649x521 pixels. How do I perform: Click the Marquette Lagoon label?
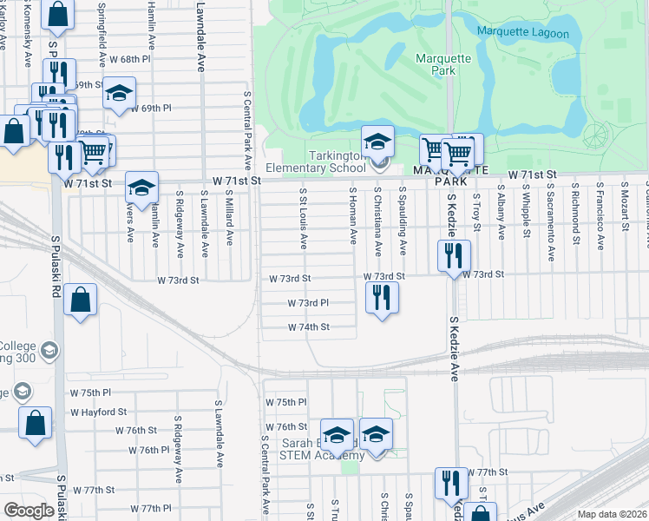pyautogui.click(x=523, y=34)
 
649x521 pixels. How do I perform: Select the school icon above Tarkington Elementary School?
pyautogui.click(x=377, y=141)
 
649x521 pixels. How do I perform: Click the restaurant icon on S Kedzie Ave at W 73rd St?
pyautogui.click(x=454, y=255)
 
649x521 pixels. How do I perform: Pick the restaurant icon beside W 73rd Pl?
pyautogui.click(x=382, y=298)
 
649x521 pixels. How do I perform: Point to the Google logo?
pyautogui.click(x=29, y=511)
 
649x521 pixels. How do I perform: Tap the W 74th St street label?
pyautogui.click(x=310, y=327)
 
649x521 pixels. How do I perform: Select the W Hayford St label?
pyautogui.click(x=98, y=412)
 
